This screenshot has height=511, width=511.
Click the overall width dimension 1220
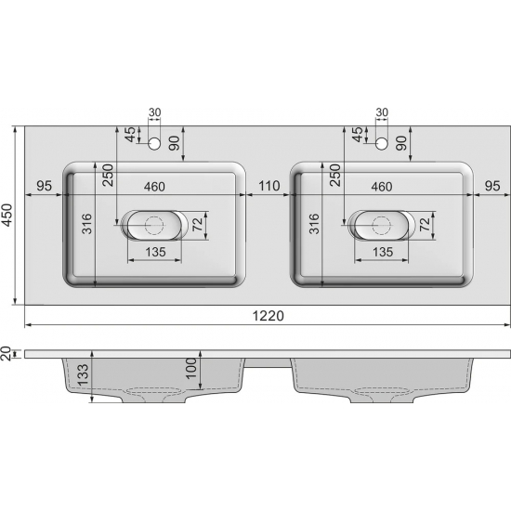pyautogui.click(x=267, y=316)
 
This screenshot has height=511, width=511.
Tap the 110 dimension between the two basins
pyautogui.click(x=269, y=186)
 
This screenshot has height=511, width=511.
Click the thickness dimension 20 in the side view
pyautogui.click(x=8, y=353)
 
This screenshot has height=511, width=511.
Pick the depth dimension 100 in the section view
pyautogui.click(x=192, y=369)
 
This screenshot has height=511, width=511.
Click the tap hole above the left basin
pyautogui.click(x=155, y=142)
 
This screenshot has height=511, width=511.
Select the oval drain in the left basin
pyautogui.click(x=153, y=224)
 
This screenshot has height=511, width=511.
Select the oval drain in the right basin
pyautogui.click(x=380, y=224)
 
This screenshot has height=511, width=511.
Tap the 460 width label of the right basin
pyautogui.click(x=381, y=186)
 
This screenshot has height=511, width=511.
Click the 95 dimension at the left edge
pyautogui.click(x=43, y=186)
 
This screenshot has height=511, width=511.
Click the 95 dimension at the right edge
pyautogui.click(x=492, y=186)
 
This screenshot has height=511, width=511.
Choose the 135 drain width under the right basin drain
pyautogui.click(x=381, y=251)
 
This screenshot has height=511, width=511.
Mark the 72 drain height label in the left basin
pyautogui.click(x=197, y=224)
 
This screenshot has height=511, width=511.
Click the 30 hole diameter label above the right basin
pyautogui.click(x=381, y=113)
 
